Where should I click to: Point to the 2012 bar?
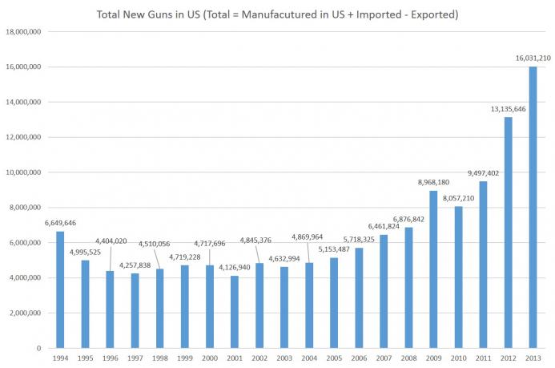508,233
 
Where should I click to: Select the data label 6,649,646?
61,223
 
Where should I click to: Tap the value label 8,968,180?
432,183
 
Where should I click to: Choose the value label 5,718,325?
359,240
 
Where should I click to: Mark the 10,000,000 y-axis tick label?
25,172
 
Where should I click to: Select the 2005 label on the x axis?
334,358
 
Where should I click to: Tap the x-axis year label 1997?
135,358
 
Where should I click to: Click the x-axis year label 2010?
458,358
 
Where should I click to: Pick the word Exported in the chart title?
426,14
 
